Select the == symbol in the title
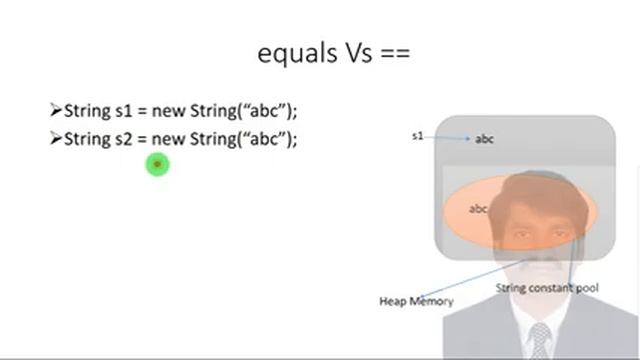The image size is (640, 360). (x=395, y=54)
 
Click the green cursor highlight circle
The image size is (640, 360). (x=157, y=164)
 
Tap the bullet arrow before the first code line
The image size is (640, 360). (x=55, y=110)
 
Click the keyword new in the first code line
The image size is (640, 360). (x=166, y=110)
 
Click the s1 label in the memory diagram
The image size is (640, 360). (x=418, y=135)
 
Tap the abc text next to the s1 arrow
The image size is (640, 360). (x=484, y=139)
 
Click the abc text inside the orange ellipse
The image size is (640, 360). (x=478, y=209)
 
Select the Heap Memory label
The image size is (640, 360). (x=416, y=301)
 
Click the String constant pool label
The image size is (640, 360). (x=547, y=289)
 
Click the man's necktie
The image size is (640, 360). (x=541, y=338)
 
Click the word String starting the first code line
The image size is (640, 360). (x=85, y=110)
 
